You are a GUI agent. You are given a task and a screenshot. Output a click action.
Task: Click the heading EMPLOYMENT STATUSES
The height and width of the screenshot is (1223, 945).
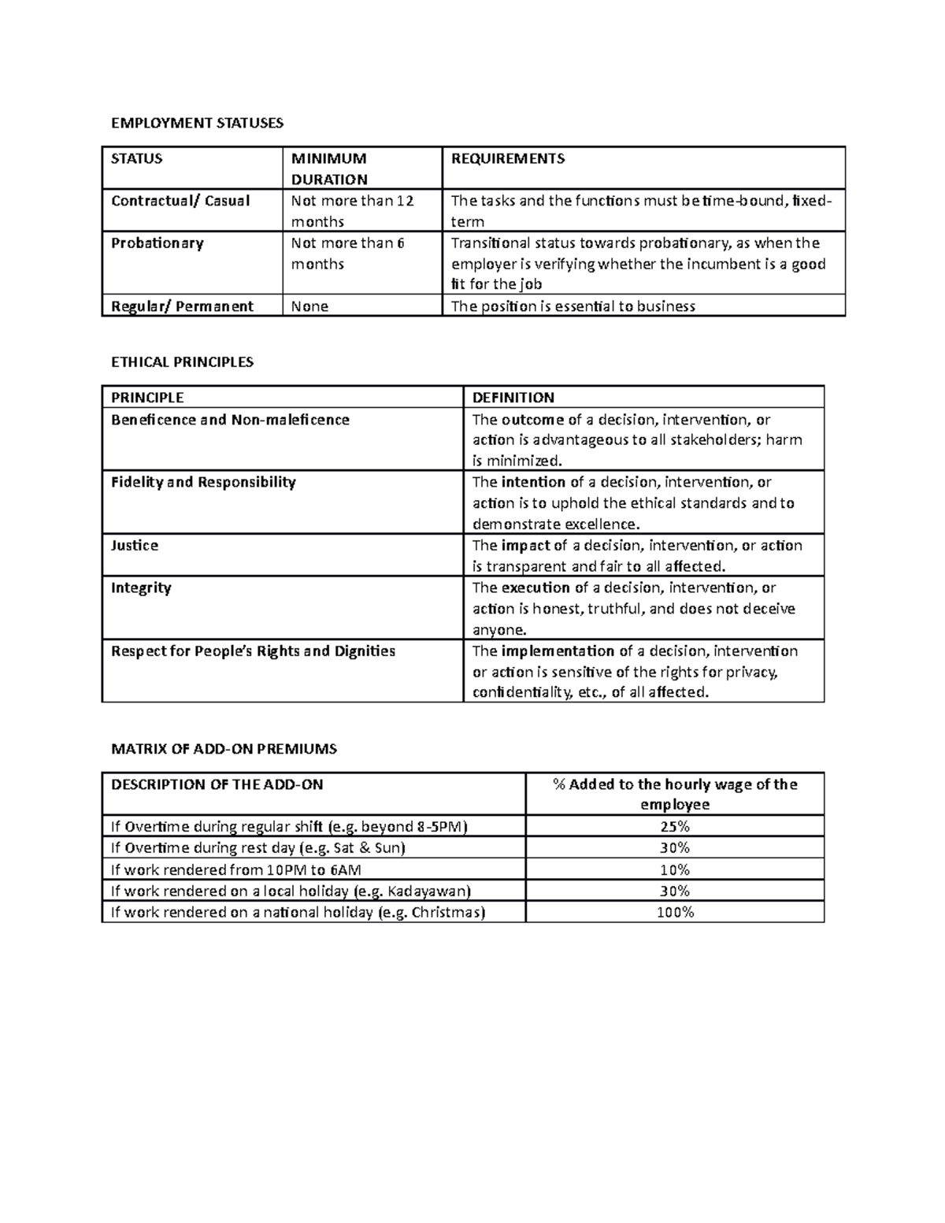197,123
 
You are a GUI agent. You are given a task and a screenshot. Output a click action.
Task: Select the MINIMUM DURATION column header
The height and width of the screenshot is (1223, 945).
328,169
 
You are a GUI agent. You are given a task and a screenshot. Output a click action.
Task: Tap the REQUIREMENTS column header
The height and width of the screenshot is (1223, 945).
507,158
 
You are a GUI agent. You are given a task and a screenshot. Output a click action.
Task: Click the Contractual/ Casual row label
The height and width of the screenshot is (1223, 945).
180,201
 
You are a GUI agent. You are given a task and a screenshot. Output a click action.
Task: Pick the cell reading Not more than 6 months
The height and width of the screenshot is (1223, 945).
347,253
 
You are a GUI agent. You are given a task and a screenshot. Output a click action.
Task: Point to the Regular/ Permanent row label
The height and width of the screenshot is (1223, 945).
182,306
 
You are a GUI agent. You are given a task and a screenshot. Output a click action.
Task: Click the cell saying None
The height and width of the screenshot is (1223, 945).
309,306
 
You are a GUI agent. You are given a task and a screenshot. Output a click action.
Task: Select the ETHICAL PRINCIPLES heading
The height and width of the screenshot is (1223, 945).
182,362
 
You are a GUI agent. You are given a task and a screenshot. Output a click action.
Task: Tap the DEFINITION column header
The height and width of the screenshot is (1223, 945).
513,398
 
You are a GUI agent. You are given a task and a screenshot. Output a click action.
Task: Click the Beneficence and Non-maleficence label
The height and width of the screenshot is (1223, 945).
230,420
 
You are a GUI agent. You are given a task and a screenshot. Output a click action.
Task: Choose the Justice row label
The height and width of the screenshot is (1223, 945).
135,545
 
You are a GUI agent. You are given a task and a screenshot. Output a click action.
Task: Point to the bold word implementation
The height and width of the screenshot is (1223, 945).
558,651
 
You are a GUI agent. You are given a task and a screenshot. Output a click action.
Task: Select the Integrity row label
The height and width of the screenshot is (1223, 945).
141,587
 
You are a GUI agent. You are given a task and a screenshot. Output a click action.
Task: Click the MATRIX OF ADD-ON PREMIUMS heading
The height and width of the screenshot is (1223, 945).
224,749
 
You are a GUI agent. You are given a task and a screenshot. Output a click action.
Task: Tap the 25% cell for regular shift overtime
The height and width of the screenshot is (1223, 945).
675,827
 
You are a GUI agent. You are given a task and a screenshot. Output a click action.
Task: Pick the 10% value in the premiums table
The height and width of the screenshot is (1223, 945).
675,869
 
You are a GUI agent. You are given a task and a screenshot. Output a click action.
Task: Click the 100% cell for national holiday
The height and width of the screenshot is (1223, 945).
675,912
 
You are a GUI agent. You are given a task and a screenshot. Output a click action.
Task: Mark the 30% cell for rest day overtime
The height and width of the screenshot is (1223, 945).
675,848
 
